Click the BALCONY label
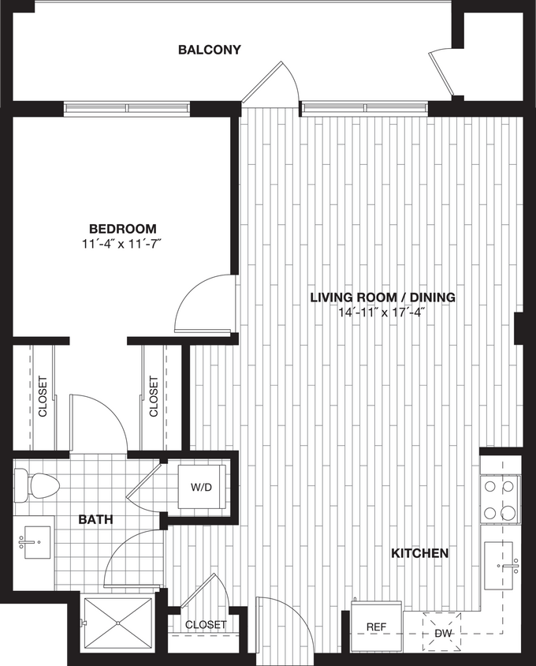(209, 50)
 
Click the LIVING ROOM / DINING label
(382, 297)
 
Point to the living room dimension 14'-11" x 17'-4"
(382, 312)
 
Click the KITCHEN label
(420, 553)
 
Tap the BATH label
(95, 520)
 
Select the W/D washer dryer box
(202, 487)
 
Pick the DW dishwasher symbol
(442, 631)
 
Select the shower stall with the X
(118, 623)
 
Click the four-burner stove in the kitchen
(500, 499)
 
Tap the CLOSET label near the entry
(206, 625)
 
